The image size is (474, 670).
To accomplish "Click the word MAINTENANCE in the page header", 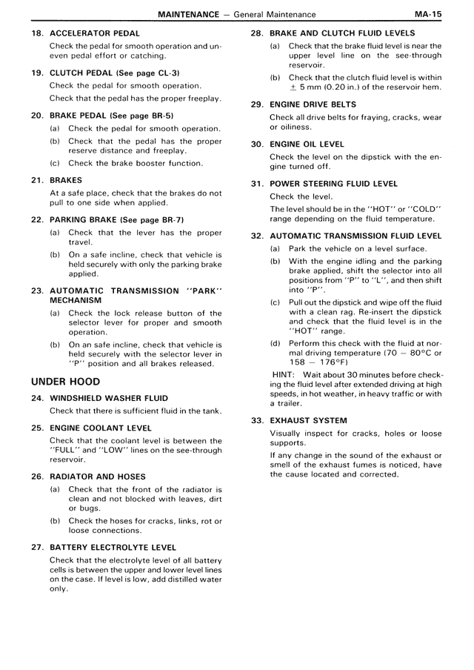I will (188, 14).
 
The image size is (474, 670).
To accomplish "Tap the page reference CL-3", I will (167, 73).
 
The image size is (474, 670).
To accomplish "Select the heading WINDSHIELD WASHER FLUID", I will (109, 399).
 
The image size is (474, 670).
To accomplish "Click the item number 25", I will (37, 428).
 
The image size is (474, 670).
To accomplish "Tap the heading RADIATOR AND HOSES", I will (98, 477).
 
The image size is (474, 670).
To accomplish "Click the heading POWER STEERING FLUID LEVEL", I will (334, 184).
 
